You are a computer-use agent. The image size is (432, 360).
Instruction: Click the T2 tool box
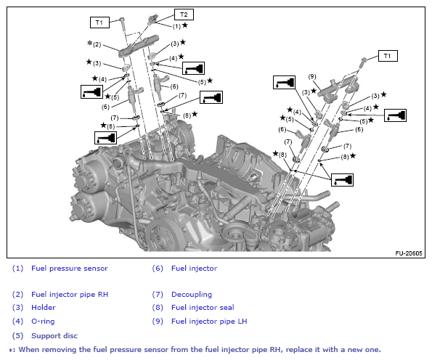184,15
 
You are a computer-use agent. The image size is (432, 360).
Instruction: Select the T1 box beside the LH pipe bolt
388,56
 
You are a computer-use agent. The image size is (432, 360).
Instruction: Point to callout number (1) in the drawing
176,26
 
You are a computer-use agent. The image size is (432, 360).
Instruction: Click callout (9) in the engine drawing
312,76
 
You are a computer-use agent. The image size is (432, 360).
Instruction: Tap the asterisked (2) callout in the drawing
94,44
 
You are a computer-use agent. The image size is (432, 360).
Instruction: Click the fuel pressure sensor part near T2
152,19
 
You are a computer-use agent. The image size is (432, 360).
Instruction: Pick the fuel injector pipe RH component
139,46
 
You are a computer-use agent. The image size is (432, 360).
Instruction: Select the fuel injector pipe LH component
338,89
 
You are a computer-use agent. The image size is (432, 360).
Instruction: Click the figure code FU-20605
409,253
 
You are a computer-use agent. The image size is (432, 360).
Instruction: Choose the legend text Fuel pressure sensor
70,269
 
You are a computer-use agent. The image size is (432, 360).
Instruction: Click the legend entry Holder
44,308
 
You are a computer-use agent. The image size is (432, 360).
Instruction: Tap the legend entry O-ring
43,321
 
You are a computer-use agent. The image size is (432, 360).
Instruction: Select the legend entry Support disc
54,336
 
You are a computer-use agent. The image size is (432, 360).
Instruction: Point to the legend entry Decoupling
192,295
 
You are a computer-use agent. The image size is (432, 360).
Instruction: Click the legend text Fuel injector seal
203,308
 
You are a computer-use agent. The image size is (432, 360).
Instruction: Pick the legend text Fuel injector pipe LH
209,321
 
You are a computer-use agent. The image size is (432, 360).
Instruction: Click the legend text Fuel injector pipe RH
70,295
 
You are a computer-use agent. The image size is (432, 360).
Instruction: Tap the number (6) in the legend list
158,269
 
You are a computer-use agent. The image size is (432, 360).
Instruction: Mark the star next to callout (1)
185,25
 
